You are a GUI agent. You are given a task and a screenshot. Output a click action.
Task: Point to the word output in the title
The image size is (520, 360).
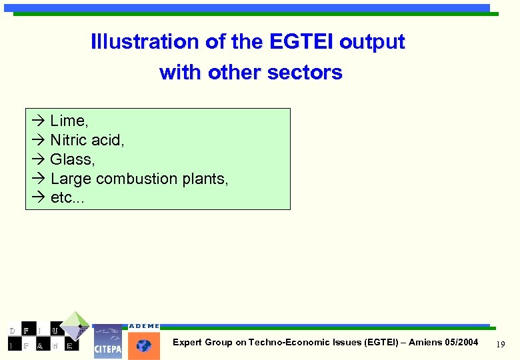point(371,42)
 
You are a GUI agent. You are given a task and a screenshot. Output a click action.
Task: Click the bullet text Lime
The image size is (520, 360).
point(69,121)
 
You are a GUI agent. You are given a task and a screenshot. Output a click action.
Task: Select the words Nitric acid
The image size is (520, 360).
point(87,140)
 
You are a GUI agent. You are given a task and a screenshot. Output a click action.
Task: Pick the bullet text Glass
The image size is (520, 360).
point(72,159)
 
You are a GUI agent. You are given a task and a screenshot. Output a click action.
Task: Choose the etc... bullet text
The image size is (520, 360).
point(68,198)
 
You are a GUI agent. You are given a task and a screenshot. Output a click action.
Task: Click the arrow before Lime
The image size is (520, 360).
point(37,121)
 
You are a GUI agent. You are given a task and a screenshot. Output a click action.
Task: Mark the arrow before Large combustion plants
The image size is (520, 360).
point(37,179)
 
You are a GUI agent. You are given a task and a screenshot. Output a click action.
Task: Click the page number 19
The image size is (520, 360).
point(501,343)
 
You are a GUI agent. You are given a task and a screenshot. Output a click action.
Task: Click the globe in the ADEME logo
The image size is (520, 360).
point(144,346)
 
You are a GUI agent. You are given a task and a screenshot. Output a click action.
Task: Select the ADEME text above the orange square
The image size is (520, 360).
point(144,326)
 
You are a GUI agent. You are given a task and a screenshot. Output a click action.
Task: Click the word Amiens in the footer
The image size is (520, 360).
point(424,342)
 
